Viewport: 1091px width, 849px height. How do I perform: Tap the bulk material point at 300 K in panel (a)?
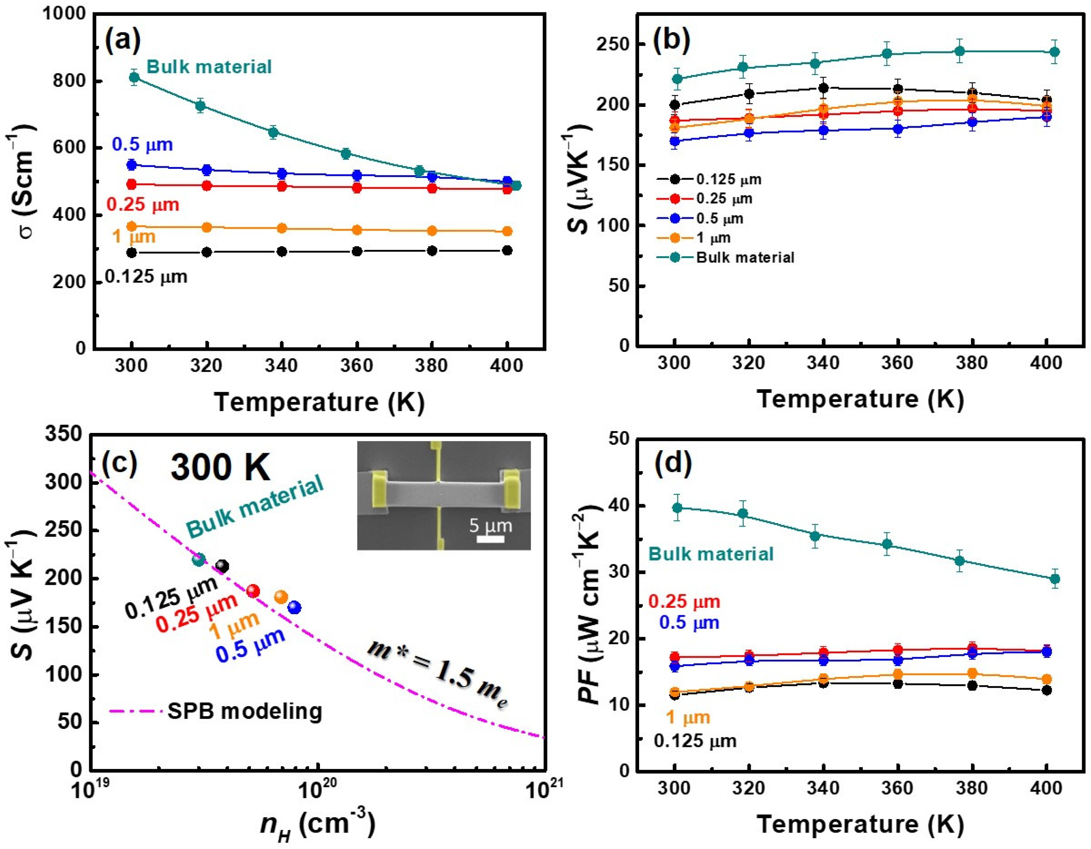click(x=134, y=77)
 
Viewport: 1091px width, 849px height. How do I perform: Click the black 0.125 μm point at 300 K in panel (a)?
click(x=132, y=252)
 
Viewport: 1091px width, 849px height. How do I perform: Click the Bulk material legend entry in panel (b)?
click(x=744, y=257)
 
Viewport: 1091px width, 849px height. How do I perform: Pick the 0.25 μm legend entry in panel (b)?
click(x=724, y=198)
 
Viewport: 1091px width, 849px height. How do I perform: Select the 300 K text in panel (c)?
click(x=220, y=468)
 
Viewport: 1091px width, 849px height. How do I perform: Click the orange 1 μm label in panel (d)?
click(x=688, y=718)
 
